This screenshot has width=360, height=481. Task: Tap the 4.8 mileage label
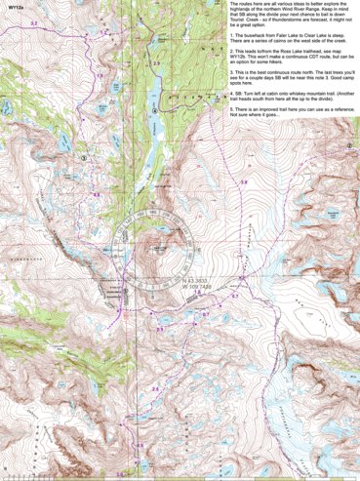97,194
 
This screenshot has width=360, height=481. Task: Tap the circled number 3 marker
84,156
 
